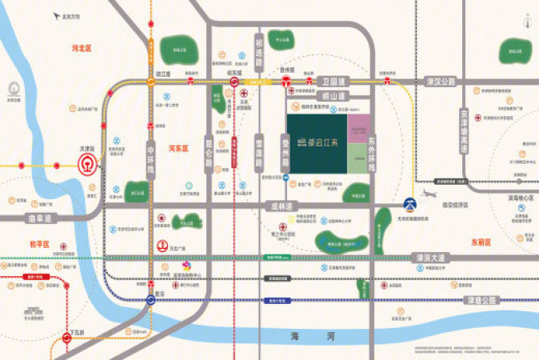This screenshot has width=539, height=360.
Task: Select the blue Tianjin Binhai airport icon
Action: [409, 202]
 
